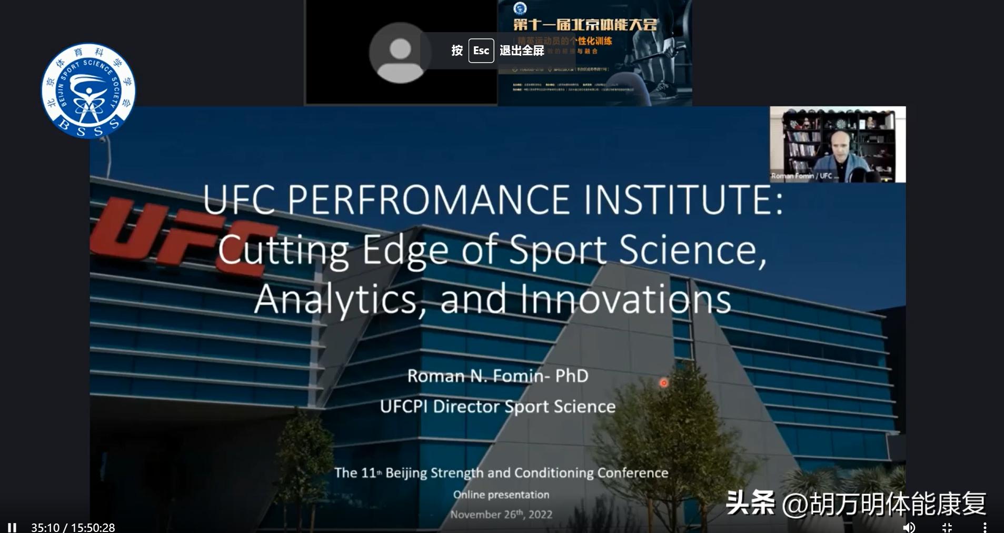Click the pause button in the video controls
click(12, 527)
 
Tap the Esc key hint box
click(481, 51)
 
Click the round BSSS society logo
click(88, 91)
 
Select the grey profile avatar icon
click(400, 53)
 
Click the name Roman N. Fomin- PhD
click(498, 376)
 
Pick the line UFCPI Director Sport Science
click(498, 406)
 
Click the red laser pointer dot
click(663, 383)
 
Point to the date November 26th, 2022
click(501, 514)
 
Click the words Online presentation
click(501, 495)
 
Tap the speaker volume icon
click(909, 527)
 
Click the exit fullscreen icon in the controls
click(947, 527)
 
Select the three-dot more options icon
click(985, 527)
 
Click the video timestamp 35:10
click(45, 527)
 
